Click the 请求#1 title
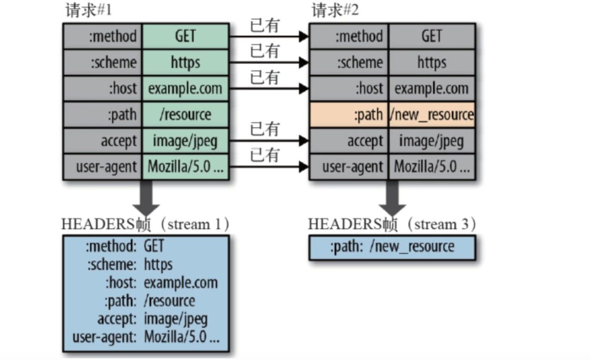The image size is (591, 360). pyautogui.click(x=88, y=11)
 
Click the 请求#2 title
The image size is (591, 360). pyautogui.click(x=335, y=11)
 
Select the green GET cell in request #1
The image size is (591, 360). pyautogui.click(x=185, y=36)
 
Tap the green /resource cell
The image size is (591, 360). pyautogui.click(x=185, y=114)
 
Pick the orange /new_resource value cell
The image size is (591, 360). pyautogui.click(x=432, y=114)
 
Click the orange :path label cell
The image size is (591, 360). pyautogui.click(x=350, y=114)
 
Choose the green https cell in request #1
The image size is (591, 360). pyautogui.click(x=185, y=62)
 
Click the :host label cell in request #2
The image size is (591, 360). pyautogui.click(x=350, y=88)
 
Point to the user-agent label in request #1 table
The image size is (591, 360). pyautogui.click(x=103, y=167)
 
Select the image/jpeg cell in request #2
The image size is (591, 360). pyautogui.click(x=432, y=141)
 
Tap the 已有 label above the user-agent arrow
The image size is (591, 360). pyautogui.click(x=265, y=155)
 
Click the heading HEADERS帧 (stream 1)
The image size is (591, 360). pyautogui.click(x=146, y=225)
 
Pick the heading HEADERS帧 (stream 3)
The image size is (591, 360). pyautogui.click(x=392, y=225)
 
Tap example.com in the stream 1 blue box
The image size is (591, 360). pyautogui.click(x=181, y=282)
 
